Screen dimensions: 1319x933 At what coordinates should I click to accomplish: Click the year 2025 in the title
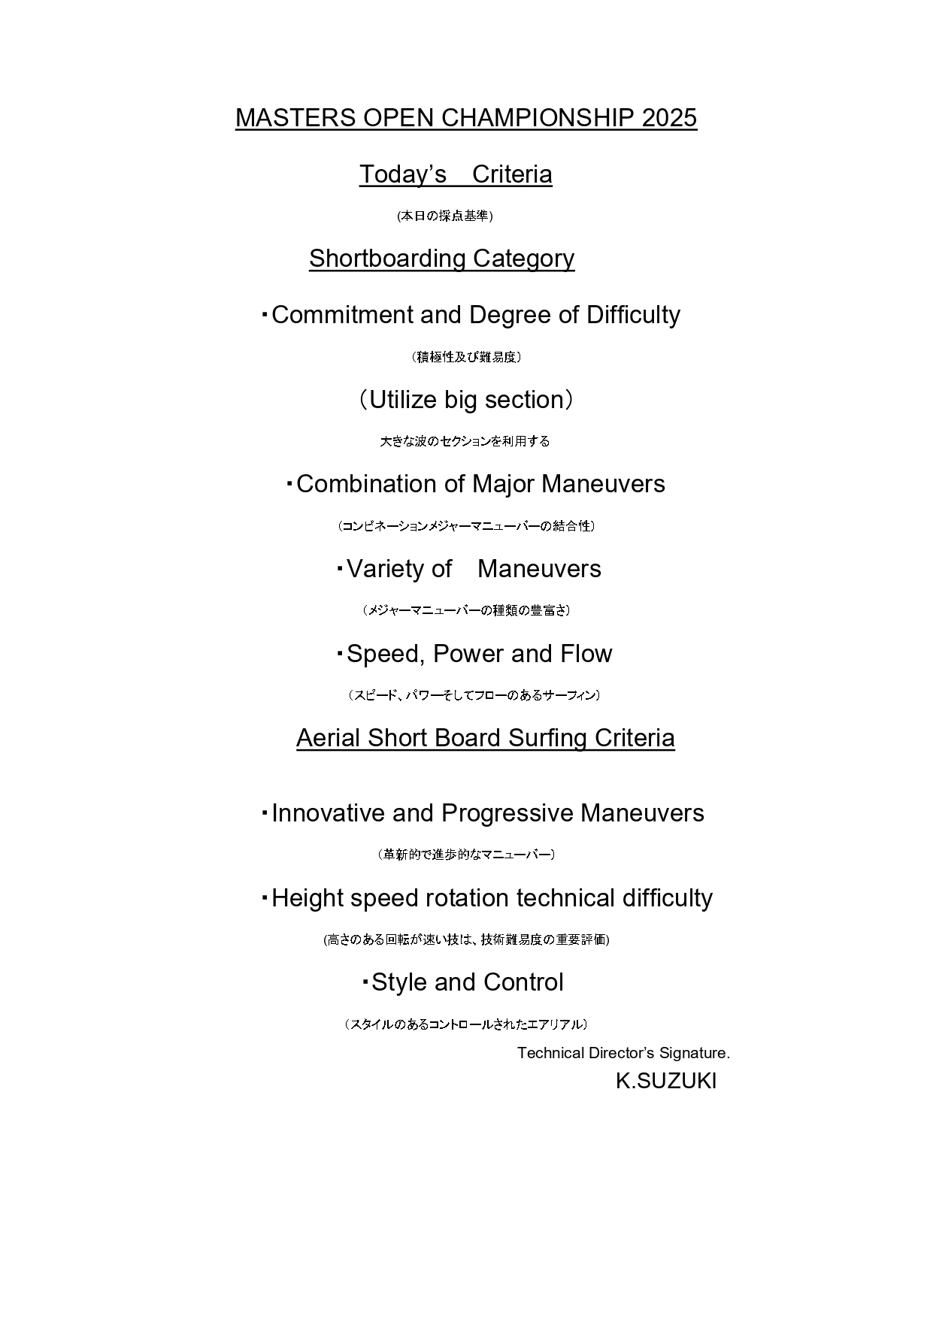point(669,118)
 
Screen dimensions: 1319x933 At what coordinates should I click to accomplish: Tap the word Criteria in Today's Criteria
point(512,174)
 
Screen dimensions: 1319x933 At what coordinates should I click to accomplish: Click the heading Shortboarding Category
point(441,259)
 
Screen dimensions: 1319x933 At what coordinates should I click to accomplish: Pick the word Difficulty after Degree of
point(633,315)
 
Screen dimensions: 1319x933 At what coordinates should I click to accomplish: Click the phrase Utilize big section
point(466,400)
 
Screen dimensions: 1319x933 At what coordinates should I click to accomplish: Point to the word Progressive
point(507,813)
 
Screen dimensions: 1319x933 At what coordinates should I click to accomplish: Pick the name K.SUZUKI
point(665,1082)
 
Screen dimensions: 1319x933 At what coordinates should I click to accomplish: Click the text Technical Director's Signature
point(623,1053)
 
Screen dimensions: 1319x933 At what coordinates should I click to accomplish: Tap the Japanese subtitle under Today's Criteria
point(445,216)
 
